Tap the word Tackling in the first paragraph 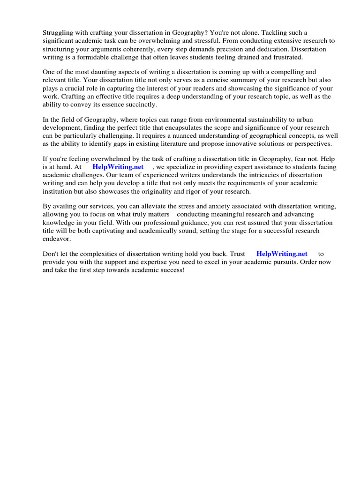274,33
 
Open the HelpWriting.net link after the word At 118,167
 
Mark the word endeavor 56,239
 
